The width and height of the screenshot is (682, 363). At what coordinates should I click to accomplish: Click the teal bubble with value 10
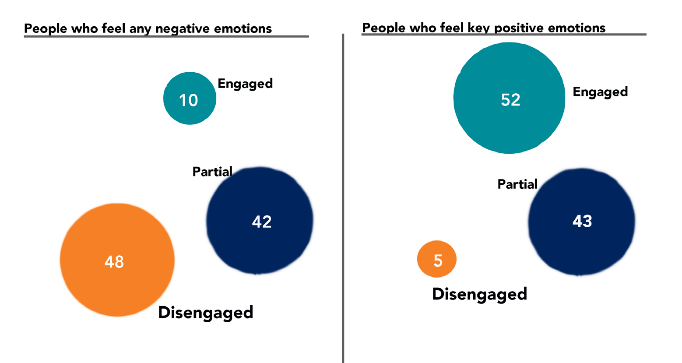(190, 98)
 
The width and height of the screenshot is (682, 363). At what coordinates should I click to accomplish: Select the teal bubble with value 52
(509, 98)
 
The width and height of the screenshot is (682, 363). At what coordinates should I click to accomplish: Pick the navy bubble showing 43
(581, 222)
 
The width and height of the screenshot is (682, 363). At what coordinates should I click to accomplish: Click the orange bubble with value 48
(117, 260)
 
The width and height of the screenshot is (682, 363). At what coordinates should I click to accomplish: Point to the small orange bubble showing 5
(437, 259)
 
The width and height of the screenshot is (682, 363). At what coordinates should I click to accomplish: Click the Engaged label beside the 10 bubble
(245, 83)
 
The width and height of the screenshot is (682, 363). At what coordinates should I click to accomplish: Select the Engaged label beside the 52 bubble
(600, 92)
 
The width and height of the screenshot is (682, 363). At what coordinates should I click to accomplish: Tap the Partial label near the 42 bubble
(212, 172)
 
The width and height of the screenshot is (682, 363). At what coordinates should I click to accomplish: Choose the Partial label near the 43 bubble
(517, 184)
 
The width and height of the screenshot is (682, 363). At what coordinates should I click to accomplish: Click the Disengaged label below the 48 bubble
(206, 313)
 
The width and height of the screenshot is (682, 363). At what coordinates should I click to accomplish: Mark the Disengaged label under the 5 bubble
(479, 294)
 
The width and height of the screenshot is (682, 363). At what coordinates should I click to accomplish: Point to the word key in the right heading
(480, 28)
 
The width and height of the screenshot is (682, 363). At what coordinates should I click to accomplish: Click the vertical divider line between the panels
(343, 197)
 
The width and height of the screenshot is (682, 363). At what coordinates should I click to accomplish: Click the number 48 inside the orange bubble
(114, 262)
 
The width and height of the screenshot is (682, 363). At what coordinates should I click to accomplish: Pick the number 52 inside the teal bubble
(510, 100)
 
